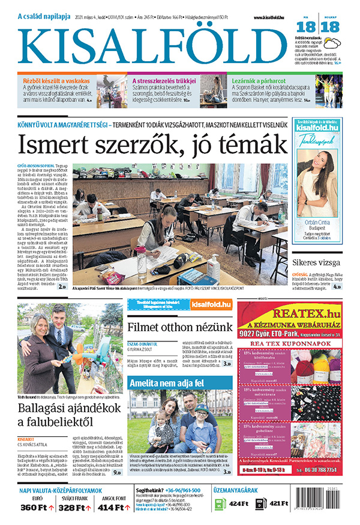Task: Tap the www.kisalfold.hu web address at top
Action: pyautogui.click(x=265, y=18)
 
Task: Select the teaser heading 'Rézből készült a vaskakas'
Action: pyautogui.click(x=56, y=80)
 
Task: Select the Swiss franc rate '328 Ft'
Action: pyautogui.click(x=74, y=508)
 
